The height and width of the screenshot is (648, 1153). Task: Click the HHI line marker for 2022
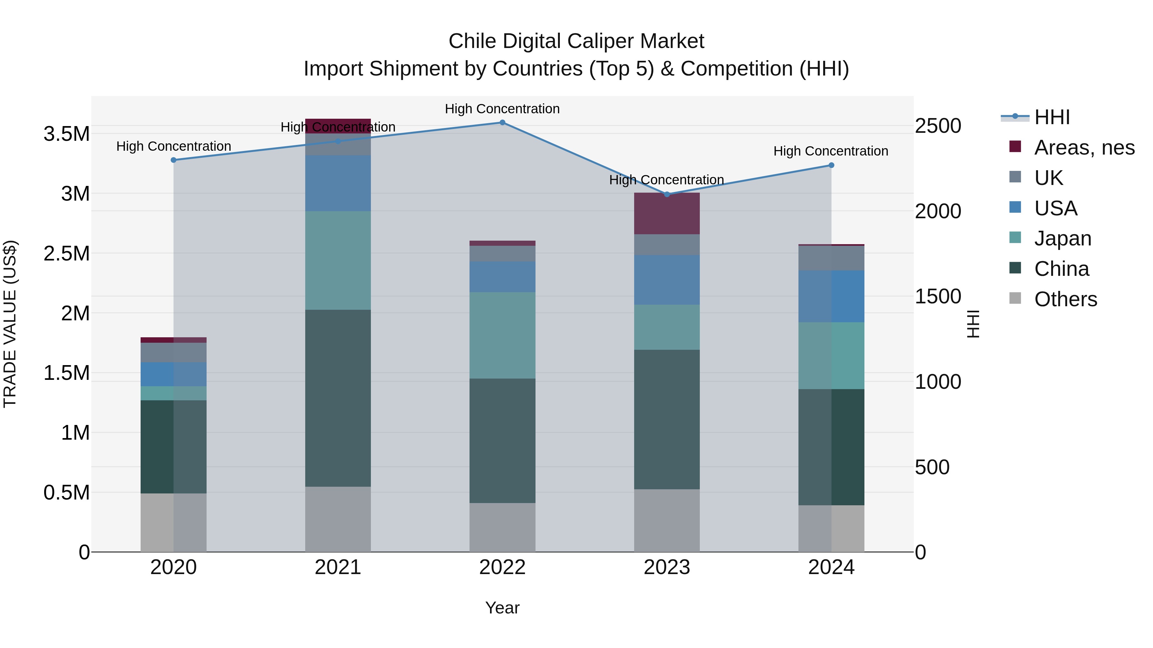pyautogui.click(x=502, y=123)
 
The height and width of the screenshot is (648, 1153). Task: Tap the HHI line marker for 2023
pyautogui.click(x=667, y=194)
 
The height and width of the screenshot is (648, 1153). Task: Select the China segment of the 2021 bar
pyautogui.click(x=338, y=398)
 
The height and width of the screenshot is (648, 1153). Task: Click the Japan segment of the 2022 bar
pyautogui.click(x=502, y=335)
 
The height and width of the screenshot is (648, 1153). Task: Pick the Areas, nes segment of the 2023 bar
pyautogui.click(x=667, y=213)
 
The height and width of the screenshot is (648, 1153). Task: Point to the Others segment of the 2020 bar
pyautogui.click(x=174, y=522)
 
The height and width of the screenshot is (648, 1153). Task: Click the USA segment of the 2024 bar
pyautogui.click(x=831, y=296)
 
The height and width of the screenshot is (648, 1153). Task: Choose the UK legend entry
pyautogui.click(x=1049, y=178)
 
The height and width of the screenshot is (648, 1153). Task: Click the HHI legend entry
pyautogui.click(x=1052, y=117)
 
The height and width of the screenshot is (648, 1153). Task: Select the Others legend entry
pyautogui.click(x=1065, y=299)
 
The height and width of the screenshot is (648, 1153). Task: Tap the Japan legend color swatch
pyautogui.click(x=1015, y=238)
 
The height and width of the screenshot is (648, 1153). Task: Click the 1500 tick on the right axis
pyautogui.click(x=938, y=297)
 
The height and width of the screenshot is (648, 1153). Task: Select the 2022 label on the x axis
pyautogui.click(x=502, y=567)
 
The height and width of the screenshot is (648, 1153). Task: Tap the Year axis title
pyautogui.click(x=502, y=608)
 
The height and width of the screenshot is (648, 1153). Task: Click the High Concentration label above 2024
pyautogui.click(x=831, y=151)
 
